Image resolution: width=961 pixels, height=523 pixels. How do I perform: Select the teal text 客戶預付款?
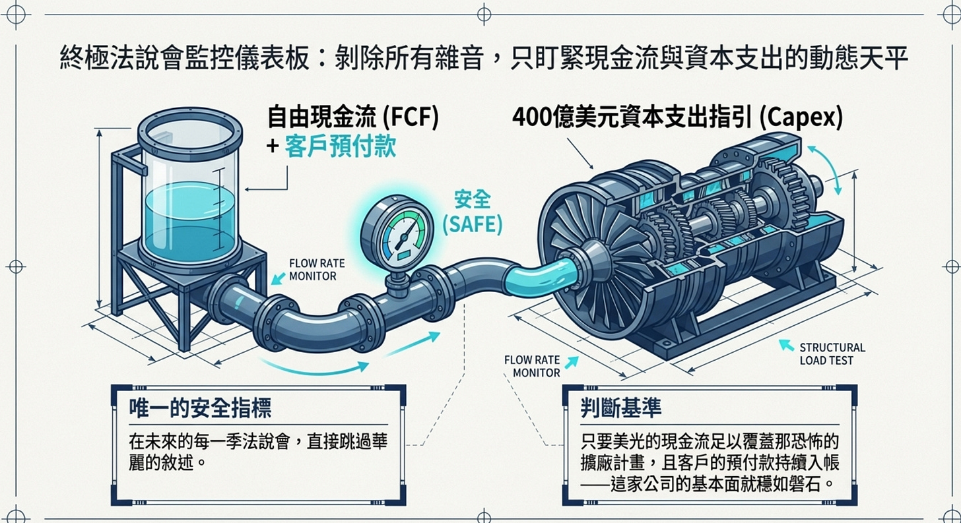(x=340, y=146)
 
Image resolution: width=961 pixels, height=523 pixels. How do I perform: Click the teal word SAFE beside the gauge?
(x=471, y=225)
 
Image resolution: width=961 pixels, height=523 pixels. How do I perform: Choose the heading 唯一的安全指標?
(x=199, y=408)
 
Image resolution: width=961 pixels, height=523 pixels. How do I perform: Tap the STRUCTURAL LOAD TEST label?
(x=832, y=354)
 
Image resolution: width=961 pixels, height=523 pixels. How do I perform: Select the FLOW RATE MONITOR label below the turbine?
(x=532, y=367)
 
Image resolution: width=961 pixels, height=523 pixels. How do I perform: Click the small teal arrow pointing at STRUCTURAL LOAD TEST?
(x=786, y=345)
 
